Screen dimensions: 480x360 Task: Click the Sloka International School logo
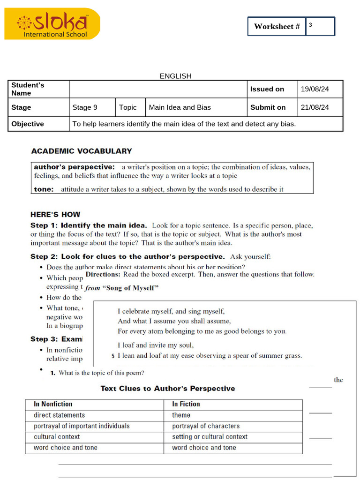(x=52, y=24)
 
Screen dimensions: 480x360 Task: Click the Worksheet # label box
(x=277, y=27)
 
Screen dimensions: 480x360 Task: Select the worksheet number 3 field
(x=320, y=26)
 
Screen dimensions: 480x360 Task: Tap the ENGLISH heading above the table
(x=175, y=76)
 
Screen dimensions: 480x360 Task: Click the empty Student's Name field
(x=158, y=89)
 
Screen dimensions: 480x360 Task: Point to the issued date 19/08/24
(x=315, y=89)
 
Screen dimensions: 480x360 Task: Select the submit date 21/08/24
(x=315, y=107)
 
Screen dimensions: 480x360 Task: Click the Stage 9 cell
(x=85, y=107)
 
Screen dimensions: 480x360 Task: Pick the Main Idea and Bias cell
(x=180, y=107)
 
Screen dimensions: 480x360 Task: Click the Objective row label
(x=28, y=124)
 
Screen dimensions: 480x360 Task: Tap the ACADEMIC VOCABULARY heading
(x=82, y=151)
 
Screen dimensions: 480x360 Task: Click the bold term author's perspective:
(x=74, y=167)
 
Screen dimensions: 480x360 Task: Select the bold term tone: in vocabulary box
(x=44, y=189)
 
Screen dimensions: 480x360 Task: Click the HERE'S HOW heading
(x=55, y=214)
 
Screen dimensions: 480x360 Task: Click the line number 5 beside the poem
(x=113, y=356)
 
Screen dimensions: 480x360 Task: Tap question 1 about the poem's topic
(x=97, y=373)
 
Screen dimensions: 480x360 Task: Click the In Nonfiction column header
(x=53, y=404)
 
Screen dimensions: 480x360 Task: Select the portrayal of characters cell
(x=205, y=426)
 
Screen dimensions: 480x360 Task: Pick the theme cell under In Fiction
(x=181, y=415)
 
